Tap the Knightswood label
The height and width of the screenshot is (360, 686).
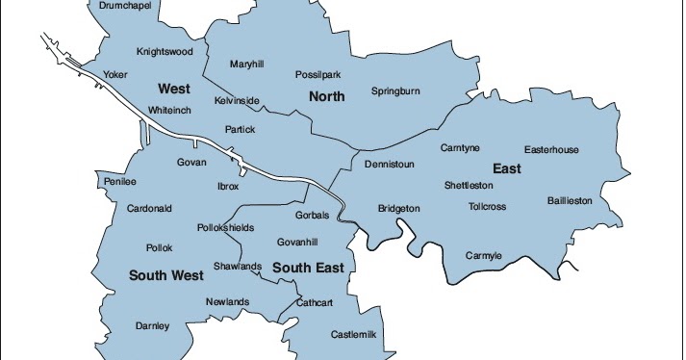(x=165, y=51)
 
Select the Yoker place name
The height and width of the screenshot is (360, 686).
(x=115, y=73)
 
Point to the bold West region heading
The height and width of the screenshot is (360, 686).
(x=173, y=89)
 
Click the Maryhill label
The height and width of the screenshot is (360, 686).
(x=247, y=64)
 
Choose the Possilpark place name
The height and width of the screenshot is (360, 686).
(x=318, y=74)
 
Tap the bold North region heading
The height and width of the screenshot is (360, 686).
(x=326, y=96)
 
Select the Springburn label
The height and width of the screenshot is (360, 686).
(x=396, y=91)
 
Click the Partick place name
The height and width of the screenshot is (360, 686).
(x=240, y=129)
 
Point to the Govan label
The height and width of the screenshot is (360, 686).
(x=191, y=163)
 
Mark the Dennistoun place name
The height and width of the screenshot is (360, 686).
(x=390, y=165)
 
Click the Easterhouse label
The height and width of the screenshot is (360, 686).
(x=551, y=149)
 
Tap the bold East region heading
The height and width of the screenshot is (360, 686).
(x=507, y=169)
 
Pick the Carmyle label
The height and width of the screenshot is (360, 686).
(x=484, y=255)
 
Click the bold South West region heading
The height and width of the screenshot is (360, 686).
(x=166, y=275)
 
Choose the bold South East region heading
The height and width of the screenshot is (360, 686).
(x=307, y=267)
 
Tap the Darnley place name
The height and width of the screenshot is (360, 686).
(x=152, y=325)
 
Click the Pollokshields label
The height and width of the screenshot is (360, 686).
(x=225, y=227)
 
